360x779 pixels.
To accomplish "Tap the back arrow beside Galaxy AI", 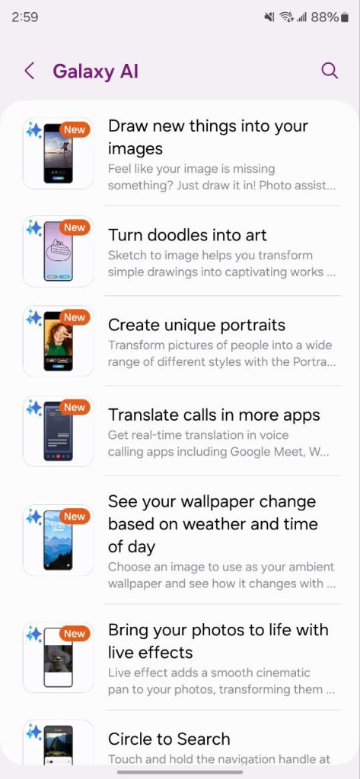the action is click(x=30, y=71).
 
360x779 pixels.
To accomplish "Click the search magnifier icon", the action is click(x=330, y=71).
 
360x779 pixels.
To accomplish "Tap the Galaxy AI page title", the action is click(x=95, y=72).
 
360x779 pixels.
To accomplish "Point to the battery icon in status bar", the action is click(x=345, y=17).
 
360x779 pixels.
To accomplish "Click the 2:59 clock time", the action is click(x=25, y=17).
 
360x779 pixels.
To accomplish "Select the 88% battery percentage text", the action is click(x=325, y=17).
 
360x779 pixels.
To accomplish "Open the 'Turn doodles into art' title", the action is click(x=187, y=235).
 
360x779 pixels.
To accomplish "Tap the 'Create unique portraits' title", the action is click(x=197, y=325).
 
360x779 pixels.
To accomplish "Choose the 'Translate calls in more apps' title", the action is click(x=215, y=415).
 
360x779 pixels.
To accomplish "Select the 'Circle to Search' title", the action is click(x=169, y=739).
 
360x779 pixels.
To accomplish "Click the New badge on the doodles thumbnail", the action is click(x=75, y=227).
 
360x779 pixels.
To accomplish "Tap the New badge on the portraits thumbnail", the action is click(x=75, y=317).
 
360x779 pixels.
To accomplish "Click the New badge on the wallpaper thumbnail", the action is click(x=75, y=517).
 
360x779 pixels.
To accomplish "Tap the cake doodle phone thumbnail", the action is click(x=58, y=251).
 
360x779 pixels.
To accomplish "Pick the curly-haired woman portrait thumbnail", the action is click(x=58, y=342).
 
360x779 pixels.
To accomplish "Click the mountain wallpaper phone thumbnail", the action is click(x=58, y=541).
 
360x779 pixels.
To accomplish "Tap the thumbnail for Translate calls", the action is click(x=58, y=431).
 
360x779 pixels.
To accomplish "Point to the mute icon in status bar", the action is click(x=269, y=17).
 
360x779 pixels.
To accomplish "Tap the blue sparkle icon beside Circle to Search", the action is click(x=34, y=731).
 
